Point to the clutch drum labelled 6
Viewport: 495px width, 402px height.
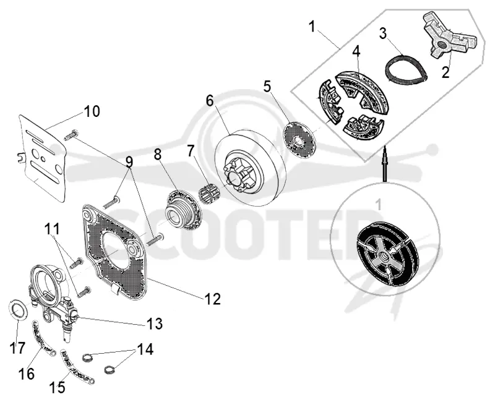coord(250,166)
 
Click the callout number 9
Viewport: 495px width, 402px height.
coord(129,162)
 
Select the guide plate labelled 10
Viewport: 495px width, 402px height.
coord(42,158)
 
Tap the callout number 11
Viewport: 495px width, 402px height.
coord(51,229)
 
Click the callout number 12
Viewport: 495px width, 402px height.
coord(212,299)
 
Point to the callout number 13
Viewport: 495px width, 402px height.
coord(154,323)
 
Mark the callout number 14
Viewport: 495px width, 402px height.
coord(145,349)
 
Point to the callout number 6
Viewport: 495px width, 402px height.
coord(210,101)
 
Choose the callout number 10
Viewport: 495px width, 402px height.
coord(92,111)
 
